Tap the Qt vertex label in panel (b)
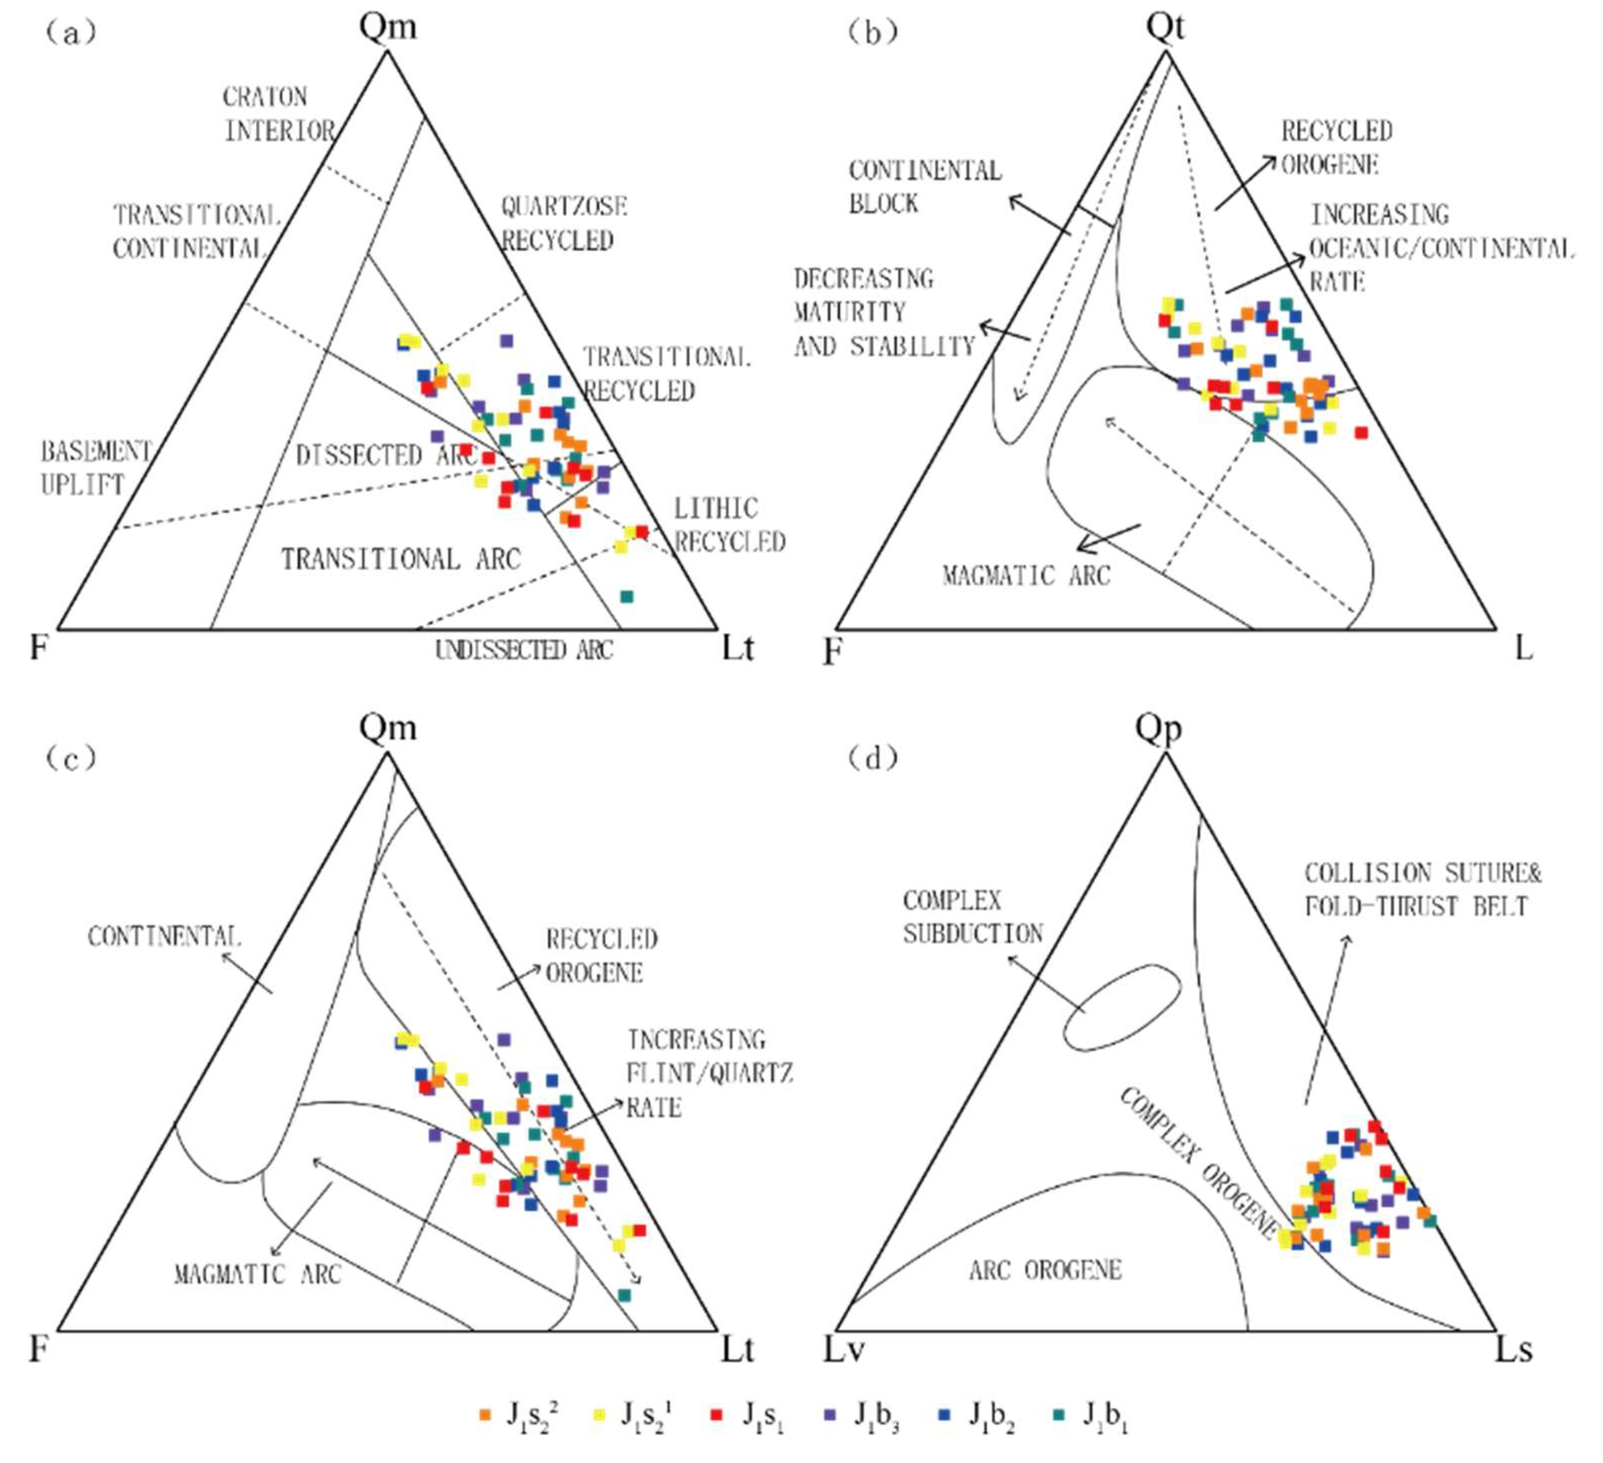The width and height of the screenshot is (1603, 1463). [x=1165, y=26]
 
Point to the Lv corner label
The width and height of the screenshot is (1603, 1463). [x=843, y=1349]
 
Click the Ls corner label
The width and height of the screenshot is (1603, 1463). [x=1513, y=1349]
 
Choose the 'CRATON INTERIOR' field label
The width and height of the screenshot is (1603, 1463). [x=278, y=114]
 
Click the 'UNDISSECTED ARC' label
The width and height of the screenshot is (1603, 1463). [x=524, y=650]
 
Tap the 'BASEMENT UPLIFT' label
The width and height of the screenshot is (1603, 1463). [x=95, y=467]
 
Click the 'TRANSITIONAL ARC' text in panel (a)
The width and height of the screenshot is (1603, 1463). [x=401, y=559]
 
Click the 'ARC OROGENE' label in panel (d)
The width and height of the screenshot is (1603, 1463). [x=1045, y=1270]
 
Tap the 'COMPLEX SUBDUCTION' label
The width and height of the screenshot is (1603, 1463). [x=972, y=917]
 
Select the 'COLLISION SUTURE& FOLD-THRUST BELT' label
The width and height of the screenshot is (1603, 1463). [x=1422, y=890]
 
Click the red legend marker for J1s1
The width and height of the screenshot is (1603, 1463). [x=717, y=1414]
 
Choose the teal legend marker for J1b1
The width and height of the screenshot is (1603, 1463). [x=1059, y=1414]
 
